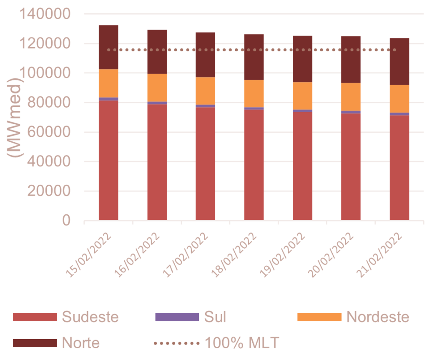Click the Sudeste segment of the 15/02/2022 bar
click(108, 160)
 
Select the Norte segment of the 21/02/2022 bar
click(399, 61)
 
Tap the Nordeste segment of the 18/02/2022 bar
click(254, 93)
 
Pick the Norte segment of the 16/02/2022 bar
click(157, 52)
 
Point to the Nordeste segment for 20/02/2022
click(351, 97)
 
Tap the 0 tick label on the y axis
click(66, 221)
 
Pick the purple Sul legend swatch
click(177, 317)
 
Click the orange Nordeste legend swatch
click(319, 317)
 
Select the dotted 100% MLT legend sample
click(177, 343)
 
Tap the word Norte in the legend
click(81, 343)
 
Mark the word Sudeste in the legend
click(90, 317)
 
